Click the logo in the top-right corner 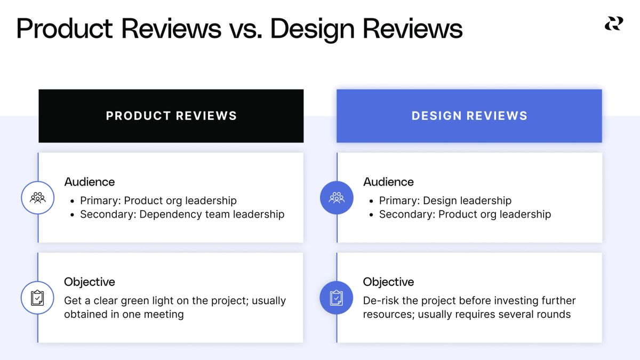614,23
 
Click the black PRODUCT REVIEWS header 171,116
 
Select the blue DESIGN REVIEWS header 469,116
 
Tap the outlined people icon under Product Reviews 38,198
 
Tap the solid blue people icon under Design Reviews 337,198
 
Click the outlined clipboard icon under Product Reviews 38,298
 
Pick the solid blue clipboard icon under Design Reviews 337,298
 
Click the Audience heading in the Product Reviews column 90,182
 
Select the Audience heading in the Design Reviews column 388,182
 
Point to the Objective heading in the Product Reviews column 90,282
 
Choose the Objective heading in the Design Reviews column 388,282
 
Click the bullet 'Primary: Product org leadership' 158,201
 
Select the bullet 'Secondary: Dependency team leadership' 182,214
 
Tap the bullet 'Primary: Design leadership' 445,201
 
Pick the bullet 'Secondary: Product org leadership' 465,214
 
